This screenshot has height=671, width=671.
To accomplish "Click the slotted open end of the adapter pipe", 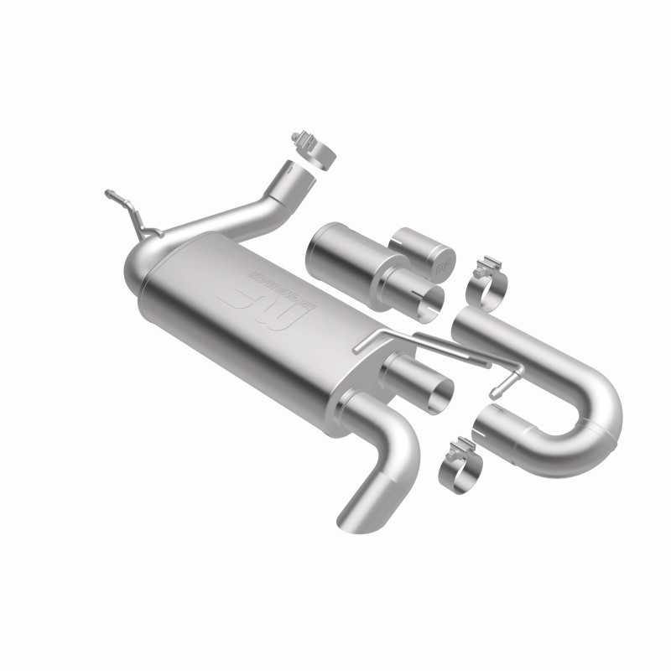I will [x=429, y=298].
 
